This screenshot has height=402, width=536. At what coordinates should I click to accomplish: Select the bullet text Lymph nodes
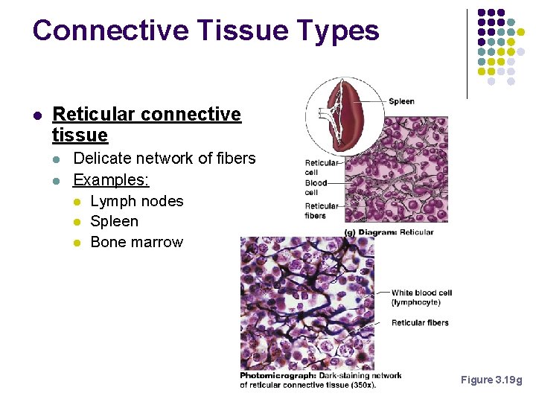136,201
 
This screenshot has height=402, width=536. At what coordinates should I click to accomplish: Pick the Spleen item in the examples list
114,221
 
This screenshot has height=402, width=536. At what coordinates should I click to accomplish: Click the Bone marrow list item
136,242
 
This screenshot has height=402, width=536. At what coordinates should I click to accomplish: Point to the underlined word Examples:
111,180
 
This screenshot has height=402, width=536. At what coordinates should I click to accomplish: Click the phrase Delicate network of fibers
164,159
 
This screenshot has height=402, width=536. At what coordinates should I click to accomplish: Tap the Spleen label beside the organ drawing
401,101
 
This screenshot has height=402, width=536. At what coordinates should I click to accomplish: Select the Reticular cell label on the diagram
322,167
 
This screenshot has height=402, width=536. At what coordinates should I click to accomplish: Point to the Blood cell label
316,187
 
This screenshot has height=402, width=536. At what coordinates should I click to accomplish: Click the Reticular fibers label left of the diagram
322,211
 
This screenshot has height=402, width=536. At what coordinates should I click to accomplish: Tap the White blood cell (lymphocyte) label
421,297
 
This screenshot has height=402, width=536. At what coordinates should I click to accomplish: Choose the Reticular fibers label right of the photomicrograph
420,322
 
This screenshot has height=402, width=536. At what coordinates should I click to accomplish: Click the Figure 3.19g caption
491,380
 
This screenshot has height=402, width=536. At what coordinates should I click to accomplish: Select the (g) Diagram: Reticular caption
389,232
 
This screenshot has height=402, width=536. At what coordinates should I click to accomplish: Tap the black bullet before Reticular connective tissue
37,115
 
